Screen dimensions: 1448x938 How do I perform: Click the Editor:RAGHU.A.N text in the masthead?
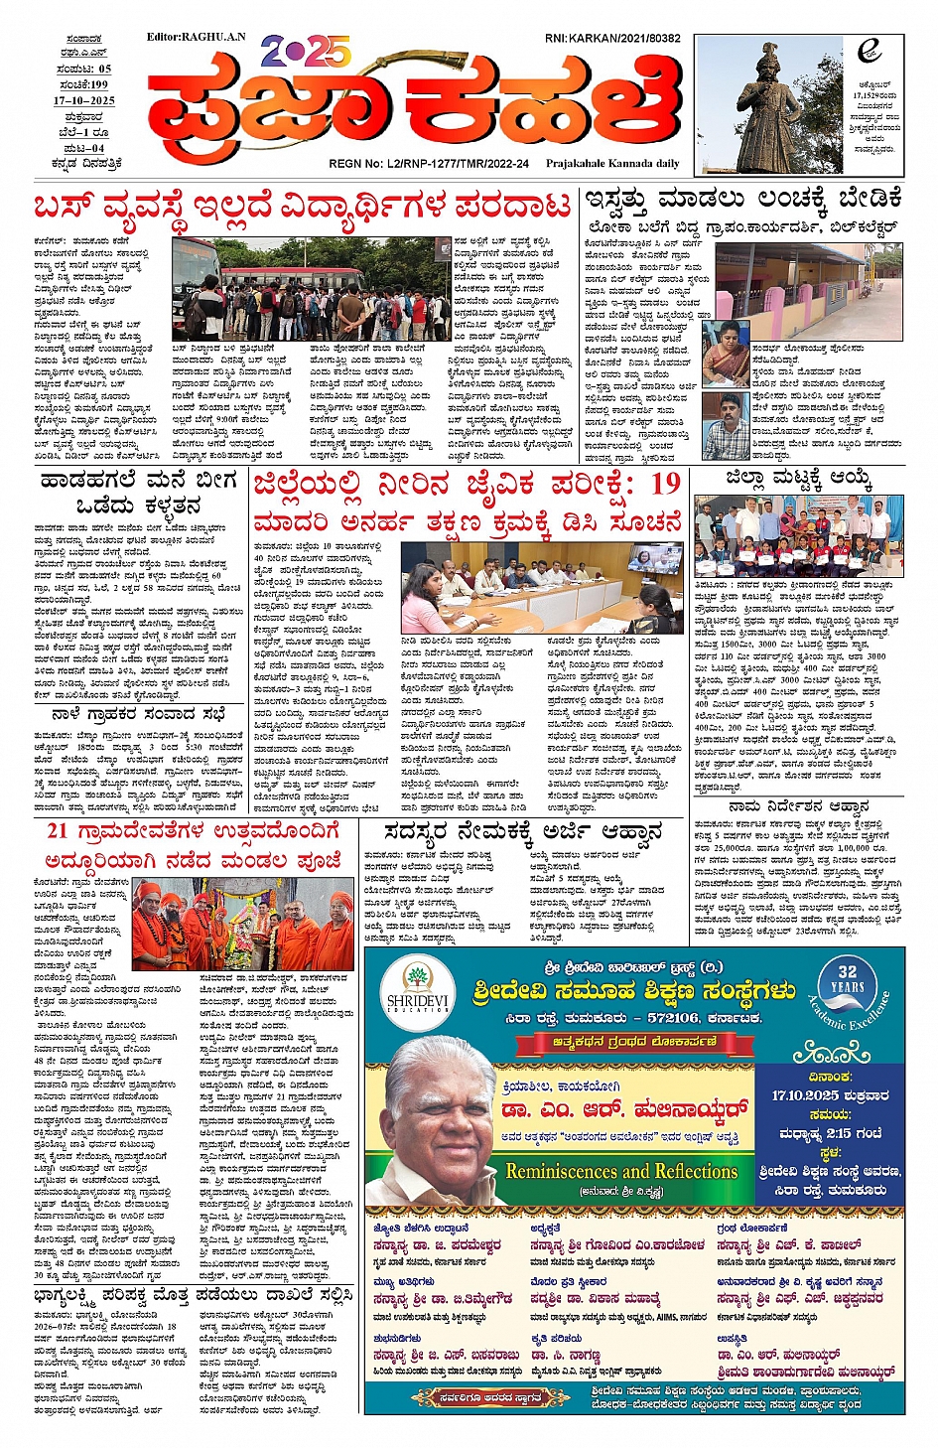pyautogui.click(x=196, y=37)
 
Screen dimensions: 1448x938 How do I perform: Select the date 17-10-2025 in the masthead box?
pyautogui.click(x=84, y=101)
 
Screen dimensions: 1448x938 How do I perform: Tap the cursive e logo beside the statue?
pyautogui.click(x=871, y=51)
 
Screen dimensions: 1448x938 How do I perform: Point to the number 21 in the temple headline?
pyautogui.click(x=58, y=830)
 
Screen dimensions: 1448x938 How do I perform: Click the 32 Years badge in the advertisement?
pyautogui.click(x=846, y=979)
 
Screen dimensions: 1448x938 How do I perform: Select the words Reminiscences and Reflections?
pyautogui.click(x=621, y=1172)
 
